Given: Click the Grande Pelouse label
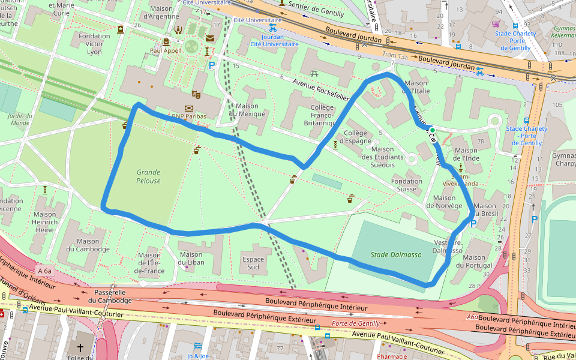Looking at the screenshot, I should [148, 176].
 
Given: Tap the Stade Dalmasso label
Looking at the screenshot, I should [396, 254].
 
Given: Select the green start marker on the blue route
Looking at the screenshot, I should [432, 130].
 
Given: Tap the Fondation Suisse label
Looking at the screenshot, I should [407, 185].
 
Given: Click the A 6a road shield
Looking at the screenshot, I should [44, 271].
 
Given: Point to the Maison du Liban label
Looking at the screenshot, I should [191, 258].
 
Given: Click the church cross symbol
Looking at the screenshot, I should [80, 348].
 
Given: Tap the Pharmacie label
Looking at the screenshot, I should [392, 356].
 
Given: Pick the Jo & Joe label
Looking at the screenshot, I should [198, 356].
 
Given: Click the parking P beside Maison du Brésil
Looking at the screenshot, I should [473, 224].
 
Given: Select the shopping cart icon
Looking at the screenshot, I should [496, 24].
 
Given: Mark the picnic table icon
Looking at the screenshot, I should [314, 73].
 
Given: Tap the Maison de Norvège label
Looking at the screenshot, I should [444, 202].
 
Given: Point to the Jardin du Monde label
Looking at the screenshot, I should [20, 119].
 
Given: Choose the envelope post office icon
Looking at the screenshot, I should [209, 38].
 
